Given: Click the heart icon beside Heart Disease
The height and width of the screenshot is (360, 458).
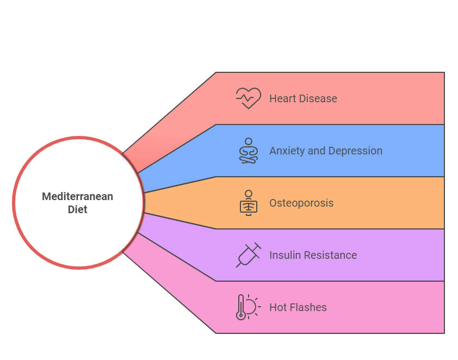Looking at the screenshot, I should pos(248,98).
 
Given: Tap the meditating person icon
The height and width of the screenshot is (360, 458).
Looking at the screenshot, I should pos(249,151).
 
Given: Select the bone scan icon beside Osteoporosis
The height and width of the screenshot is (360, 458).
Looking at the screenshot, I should pos(249,203).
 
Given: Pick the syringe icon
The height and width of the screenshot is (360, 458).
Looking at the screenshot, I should pos(248,255).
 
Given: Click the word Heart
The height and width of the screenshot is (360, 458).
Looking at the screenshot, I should pos(281,98).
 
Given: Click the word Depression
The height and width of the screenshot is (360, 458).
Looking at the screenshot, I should pos(355,151).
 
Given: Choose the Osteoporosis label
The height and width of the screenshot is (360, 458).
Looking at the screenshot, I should pos(301,203).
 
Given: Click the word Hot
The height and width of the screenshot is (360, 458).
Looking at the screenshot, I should pos(277,307).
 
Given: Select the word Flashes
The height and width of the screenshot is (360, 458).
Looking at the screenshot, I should pos(307,307).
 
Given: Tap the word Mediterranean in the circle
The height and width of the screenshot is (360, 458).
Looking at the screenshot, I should pos(78,196).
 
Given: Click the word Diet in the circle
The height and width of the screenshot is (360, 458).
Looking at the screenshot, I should pos(78,209).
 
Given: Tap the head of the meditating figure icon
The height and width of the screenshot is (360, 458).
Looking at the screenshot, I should pos(249,142).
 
